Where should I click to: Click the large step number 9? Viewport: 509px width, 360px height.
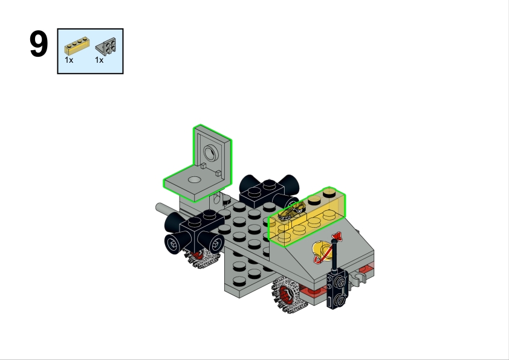pyautogui.click(x=39, y=44)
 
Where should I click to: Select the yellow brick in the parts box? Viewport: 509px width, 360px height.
pyautogui.click(x=77, y=45)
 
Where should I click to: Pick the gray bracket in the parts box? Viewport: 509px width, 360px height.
pyautogui.click(x=106, y=47)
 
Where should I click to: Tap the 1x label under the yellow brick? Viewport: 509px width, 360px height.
pyautogui.click(x=69, y=60)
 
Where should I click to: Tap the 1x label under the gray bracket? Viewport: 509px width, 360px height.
pyautogui.click(x=99, y=60)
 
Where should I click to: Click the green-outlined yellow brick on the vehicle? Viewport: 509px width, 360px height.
pyautogui.click(x=306, y=217)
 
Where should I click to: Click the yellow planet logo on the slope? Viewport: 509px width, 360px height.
pyautogui.click(x=322, y=251)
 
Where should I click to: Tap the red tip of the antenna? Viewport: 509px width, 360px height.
pyautogui.click(x=337, y=236)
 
